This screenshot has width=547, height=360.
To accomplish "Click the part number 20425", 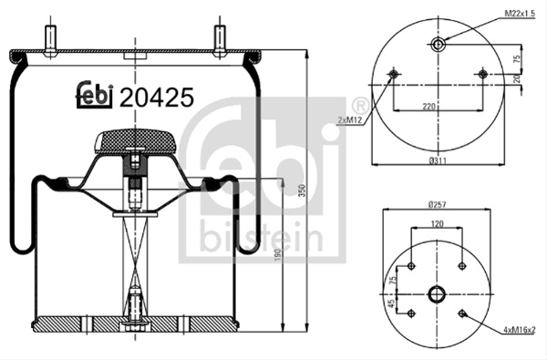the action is [156, 98].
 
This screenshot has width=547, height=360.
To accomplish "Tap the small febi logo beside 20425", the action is [95, 95].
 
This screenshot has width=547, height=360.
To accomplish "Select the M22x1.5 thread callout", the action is [520, 14].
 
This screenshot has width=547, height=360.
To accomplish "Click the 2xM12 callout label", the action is [350, 120].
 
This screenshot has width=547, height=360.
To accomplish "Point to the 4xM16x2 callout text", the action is [520, 329].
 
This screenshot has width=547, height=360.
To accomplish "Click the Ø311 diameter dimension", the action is [438, 160].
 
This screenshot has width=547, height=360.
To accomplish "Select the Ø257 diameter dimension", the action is [437, 205].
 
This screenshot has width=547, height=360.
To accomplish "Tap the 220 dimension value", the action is [429, 106].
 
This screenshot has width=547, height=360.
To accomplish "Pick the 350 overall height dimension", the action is [303, 190].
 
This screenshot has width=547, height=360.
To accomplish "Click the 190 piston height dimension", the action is [278, 256].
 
